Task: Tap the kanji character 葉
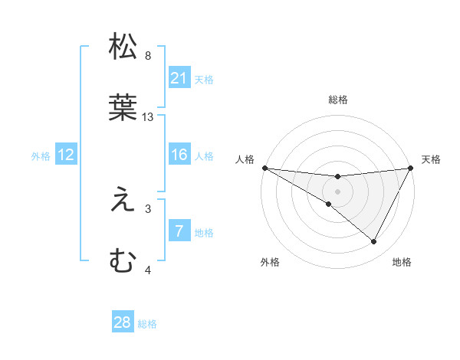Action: click(x=123, y=108)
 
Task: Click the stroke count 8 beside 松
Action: click(x=148, y=56)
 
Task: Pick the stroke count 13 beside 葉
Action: click(x=149, y=117)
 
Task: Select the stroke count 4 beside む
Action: click(x=148, y=270)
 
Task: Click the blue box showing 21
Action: click(x=179, y=78)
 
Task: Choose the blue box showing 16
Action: click(x=179, y=155)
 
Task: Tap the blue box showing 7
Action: click(x=179, y=231)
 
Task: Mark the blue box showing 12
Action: click(x=66, y=155)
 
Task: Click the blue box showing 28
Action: click(x=123, y=322)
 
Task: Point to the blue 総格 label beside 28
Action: click(x=147, y=324)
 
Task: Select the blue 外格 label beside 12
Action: click(x=41, y=156)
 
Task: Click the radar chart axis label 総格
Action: click(x=337, y=100)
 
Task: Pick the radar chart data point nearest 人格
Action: click(x=264, y=167)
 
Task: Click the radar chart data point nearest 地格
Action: click(x=374, y=241)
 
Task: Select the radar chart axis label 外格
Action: click(x=270, y=262)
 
